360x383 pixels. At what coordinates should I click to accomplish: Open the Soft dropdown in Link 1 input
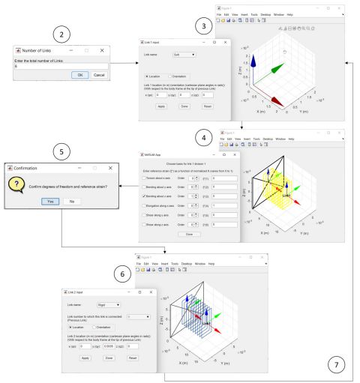184,55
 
